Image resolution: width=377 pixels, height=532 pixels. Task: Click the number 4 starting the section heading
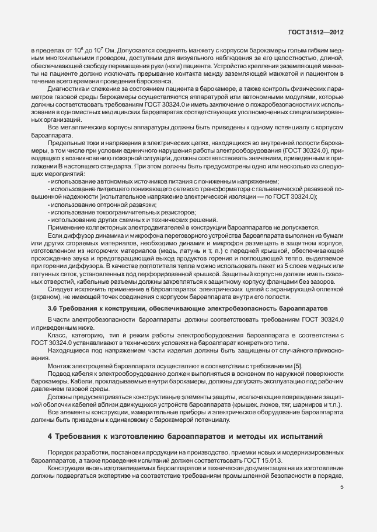coord(50,436)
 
